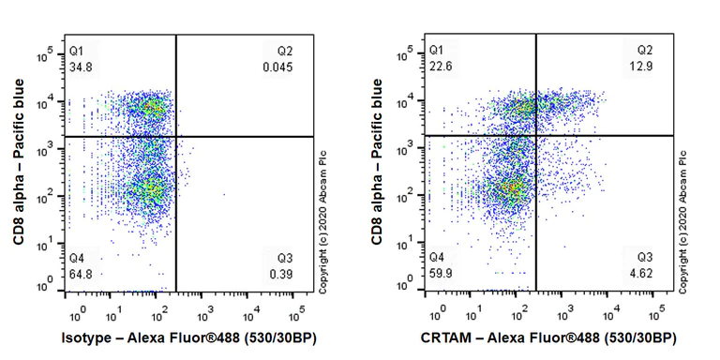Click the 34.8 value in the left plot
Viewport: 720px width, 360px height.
point(81,67)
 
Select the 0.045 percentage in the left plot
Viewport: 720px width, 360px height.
point(277,67)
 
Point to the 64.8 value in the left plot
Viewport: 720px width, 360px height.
point(81,273)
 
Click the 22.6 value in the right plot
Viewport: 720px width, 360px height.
point(440,67)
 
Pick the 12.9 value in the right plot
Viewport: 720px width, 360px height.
point(642,67)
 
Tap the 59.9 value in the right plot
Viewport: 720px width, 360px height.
point(440,273)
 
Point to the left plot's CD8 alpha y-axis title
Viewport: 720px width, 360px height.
point(19,164)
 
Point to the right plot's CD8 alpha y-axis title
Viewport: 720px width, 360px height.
point(377,164)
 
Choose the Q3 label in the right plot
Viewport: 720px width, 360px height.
point(645,257)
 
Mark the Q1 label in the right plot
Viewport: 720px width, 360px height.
point(436,50)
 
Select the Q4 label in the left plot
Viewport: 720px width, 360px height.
point(77,257)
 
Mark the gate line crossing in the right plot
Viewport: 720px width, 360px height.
point(535,136)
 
